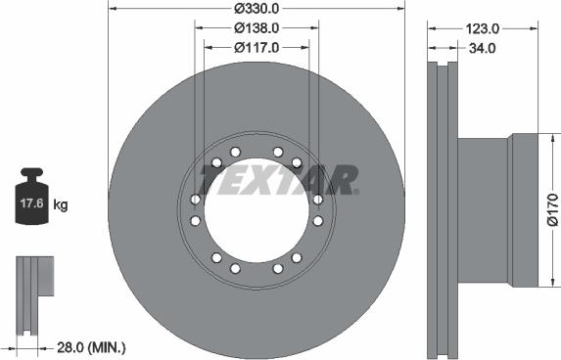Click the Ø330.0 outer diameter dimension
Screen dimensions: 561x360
[x=257, y=9]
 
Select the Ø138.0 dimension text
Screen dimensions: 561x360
[x=257, y=28]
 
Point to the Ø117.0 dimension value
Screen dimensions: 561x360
[x=257, y=47]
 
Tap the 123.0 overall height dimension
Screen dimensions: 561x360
[x=482, y=28]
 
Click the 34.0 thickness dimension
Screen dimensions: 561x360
[x=482, y=48]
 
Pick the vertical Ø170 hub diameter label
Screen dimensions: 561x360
[x=553, y=209]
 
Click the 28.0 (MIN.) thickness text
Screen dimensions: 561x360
[x=91, y=346]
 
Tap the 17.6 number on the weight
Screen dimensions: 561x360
[x=31, y=203]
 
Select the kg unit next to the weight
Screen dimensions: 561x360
[x=60, y=205]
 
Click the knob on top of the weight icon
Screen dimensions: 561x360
[x=32, y=172]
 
